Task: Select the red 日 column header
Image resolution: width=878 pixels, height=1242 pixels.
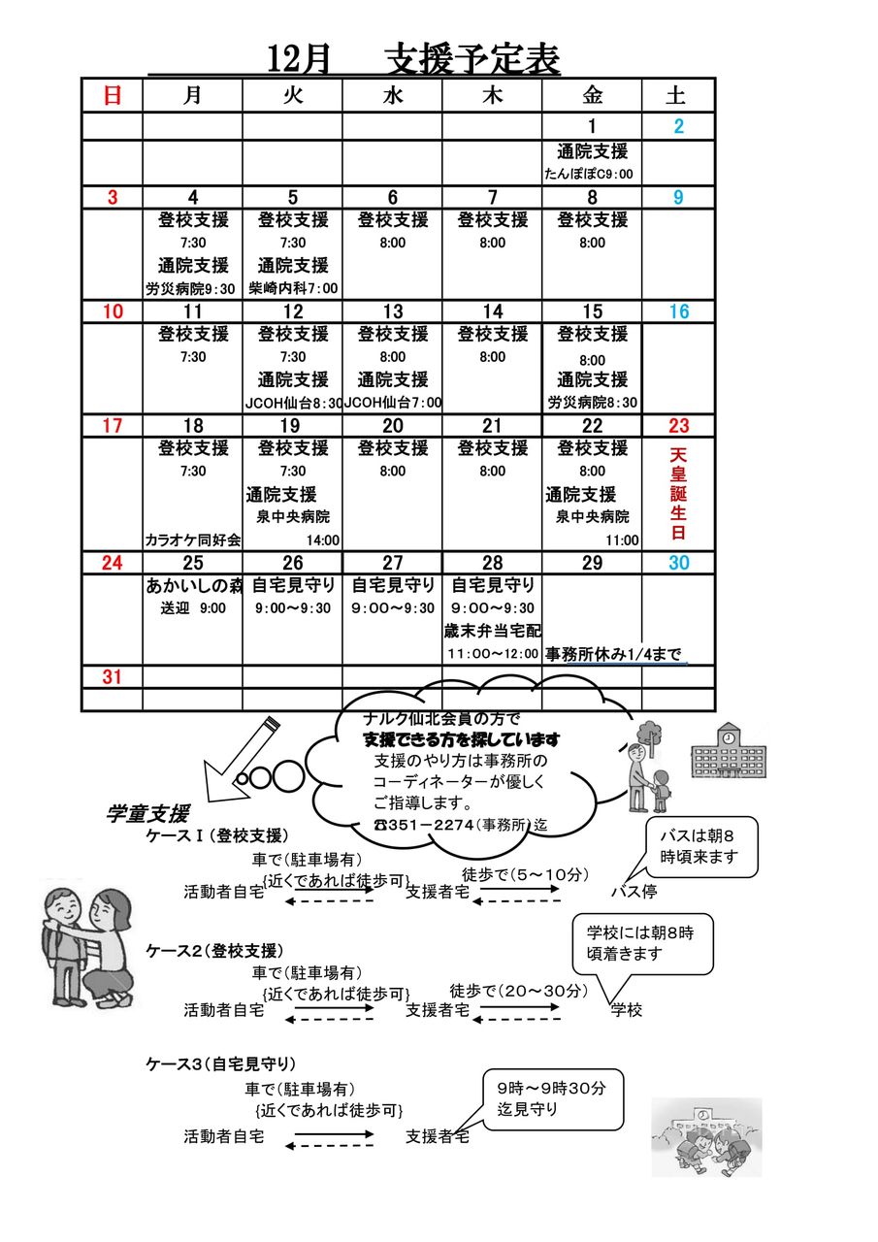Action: point(113,95)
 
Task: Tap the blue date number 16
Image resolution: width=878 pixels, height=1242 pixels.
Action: point(678,311)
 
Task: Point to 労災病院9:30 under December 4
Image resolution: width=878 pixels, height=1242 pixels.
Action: point(191,288)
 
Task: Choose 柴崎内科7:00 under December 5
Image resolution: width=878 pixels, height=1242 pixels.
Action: point(292,288)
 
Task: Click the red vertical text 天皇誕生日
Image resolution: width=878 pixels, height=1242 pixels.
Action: point(678,494)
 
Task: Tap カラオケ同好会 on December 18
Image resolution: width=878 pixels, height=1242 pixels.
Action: point(192,540)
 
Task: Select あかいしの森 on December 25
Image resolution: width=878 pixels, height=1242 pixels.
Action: point(192,585)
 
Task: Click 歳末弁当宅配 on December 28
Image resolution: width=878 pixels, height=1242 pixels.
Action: point(492,631)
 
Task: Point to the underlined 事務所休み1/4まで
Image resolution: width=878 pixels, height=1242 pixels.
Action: point(615,654)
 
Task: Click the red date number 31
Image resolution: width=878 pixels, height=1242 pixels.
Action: point(113,677)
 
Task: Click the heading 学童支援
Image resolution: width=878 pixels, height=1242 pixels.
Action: point(146,814)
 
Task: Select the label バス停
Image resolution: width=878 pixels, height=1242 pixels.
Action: point(634,891)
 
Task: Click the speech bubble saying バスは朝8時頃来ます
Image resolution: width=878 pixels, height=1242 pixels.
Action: point(700,846)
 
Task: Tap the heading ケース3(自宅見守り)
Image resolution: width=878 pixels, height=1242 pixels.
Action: point(220,1064)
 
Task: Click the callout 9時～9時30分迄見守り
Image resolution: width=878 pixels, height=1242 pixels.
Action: point(553,1098)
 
